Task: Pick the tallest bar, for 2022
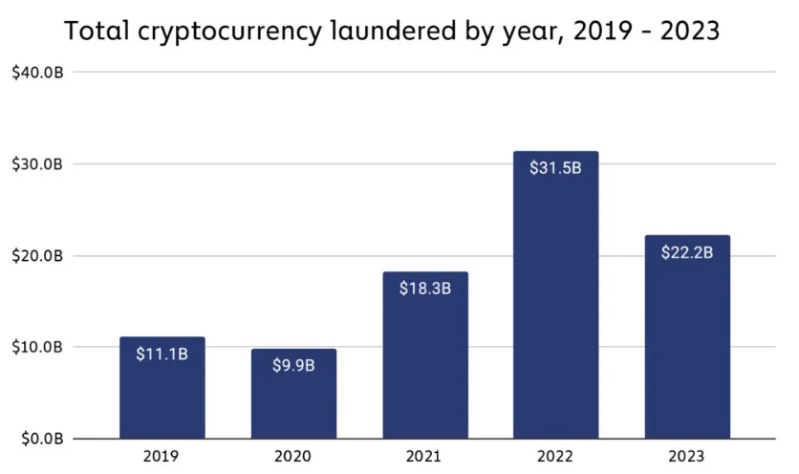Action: [x=556, y=295]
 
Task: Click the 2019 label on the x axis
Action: [x=162, y=457]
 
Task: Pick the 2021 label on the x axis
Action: [x=425, y=457]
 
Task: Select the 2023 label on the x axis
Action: [x=687, y=457]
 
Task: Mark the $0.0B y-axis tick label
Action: [x=41, y=439]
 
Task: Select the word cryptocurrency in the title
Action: [x=238, y=32]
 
